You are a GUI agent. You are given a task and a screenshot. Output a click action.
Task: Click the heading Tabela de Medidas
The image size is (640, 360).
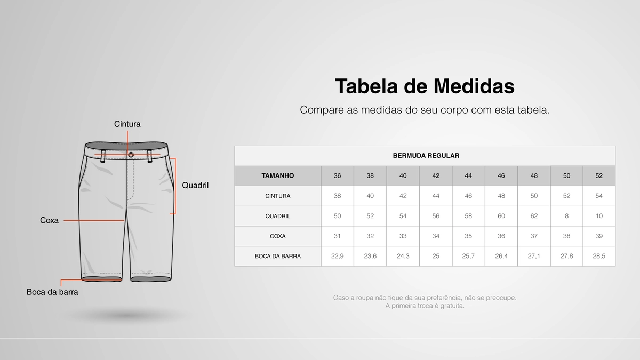pyautogui.click(x=425, y=86)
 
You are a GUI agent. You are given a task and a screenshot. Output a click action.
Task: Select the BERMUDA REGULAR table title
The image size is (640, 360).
pyautogui.click(x=426, y=156)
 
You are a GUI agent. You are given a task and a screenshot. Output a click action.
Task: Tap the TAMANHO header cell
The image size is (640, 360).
pyautogui.click(x=278, y=175)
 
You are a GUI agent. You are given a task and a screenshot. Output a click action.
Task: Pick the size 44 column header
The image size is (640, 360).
pyautogui.click(x=468, y=175)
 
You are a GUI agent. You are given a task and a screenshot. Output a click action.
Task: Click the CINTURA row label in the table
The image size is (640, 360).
pyautogui.click(x=278, y=196)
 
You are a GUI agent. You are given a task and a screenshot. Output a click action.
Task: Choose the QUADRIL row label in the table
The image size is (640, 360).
pyautogui.click(x=278, y=216)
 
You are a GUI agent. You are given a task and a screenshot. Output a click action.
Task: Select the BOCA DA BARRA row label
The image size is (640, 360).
pyautogui.click(x=278, y=257)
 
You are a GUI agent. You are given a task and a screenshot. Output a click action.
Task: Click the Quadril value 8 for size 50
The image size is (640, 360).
pyautogui.click(x=566, y=216)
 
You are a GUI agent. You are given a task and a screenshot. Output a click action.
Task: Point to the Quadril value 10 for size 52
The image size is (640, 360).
pyautogui.click(x=599, y=216)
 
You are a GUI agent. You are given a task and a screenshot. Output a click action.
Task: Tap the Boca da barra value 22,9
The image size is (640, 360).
pyautogui.click(x=337, y=257)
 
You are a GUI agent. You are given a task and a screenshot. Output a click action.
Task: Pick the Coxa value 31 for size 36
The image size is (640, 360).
pyautogui.click(x=337, y=236)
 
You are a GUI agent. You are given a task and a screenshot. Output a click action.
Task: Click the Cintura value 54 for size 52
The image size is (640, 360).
pyautogui.click(x=599, y=196)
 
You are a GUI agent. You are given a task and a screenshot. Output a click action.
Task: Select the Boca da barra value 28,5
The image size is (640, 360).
pyautogui.click(x=599, y=257)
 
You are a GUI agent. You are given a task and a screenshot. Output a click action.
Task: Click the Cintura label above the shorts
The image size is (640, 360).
pyautogui.click(x=127, y=124)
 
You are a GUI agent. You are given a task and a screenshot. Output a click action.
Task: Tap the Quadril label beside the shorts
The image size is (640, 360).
pyautogui.click(x=195, y=186)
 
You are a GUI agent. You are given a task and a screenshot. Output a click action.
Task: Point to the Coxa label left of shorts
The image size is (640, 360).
pyautogui.click(x=49, y=220)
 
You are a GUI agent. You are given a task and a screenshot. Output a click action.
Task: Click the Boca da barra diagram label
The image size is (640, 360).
pyautogui.click(x=52, y=292)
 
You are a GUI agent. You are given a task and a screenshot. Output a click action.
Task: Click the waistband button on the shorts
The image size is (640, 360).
pyautogui.click(x=131, y=155)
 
